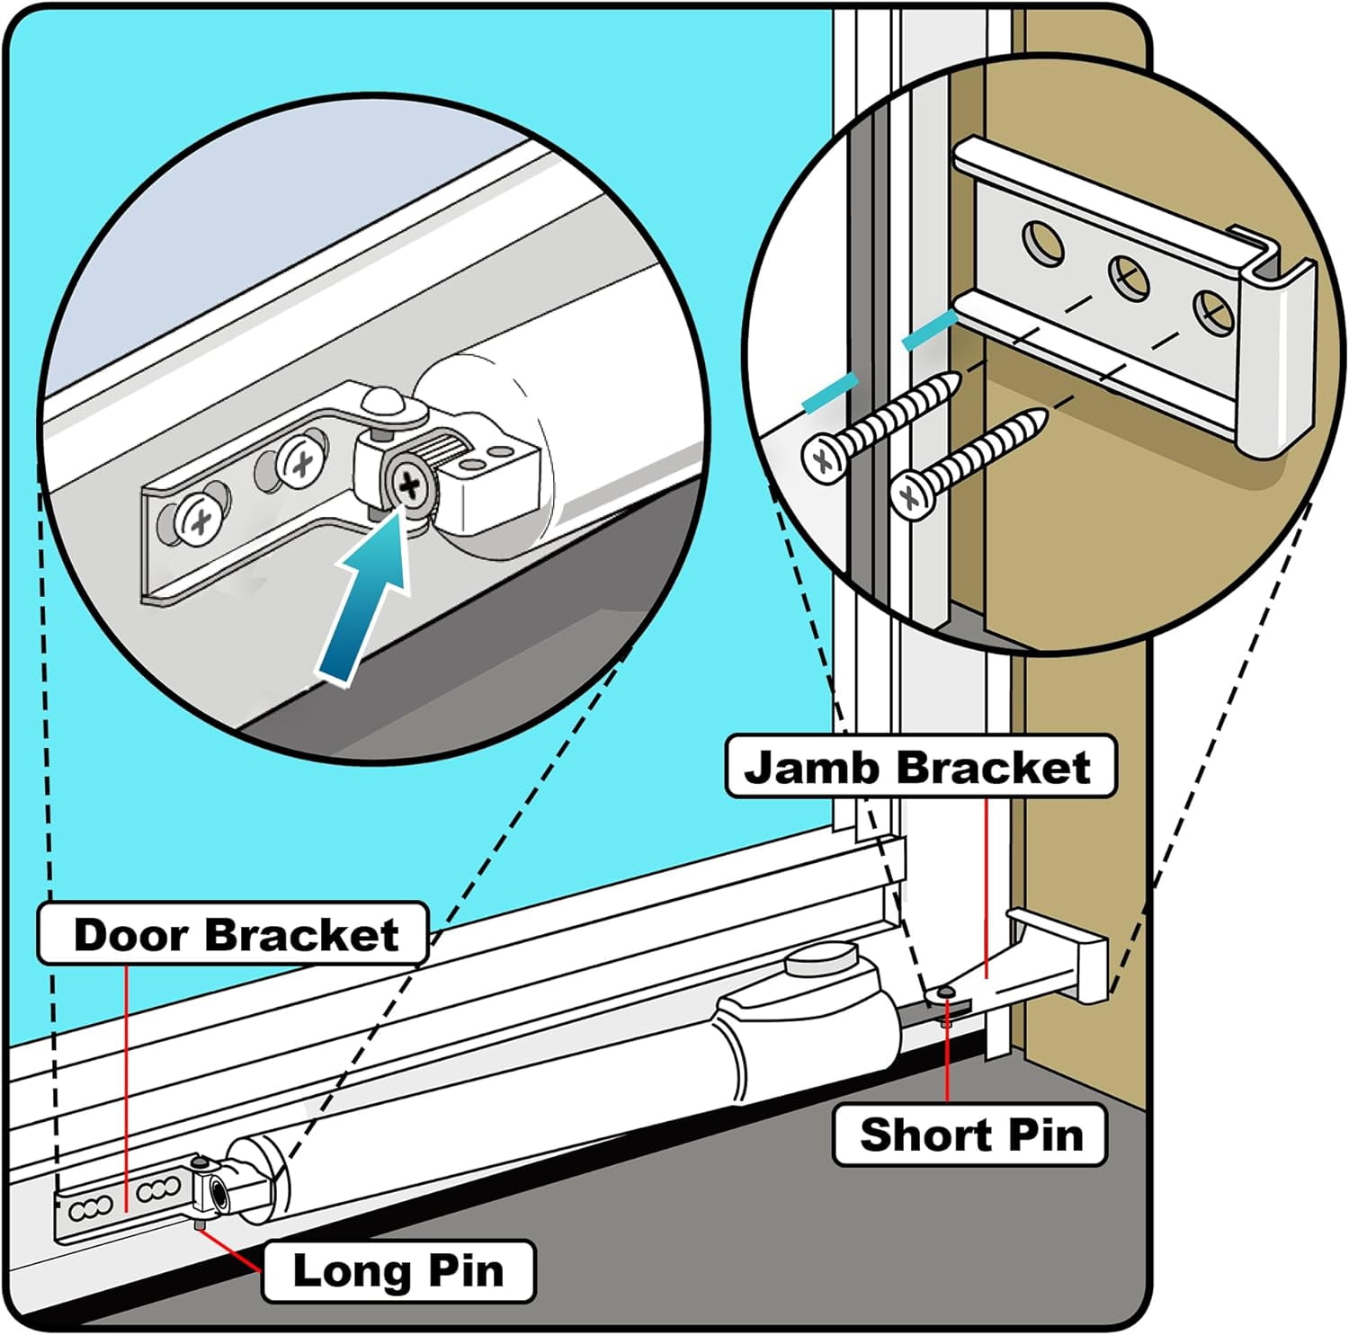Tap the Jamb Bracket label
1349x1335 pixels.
[919, 767]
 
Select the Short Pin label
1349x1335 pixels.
[969, 1135]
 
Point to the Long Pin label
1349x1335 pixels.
[398, 1271]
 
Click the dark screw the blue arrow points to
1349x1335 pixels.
[410, 486]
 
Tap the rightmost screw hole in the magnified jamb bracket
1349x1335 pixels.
[1210, 309]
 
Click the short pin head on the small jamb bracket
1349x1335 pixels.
[945, 992]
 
